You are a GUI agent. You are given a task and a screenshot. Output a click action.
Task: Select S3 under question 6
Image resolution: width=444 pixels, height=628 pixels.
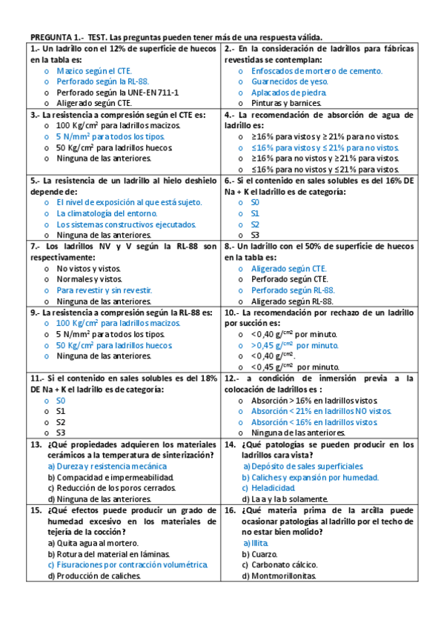255,235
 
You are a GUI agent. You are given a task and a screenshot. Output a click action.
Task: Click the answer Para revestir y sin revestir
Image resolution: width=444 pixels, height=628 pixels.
104,290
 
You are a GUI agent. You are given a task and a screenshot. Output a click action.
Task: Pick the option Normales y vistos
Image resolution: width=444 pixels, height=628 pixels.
89,279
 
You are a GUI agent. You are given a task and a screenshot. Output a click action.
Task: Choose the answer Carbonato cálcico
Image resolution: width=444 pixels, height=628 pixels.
278,565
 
